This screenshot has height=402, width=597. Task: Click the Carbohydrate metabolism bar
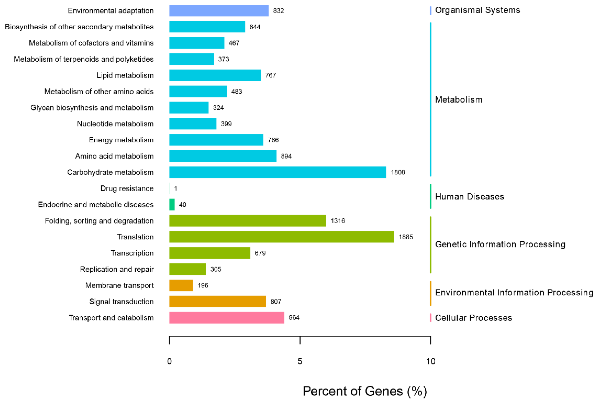pos(278,172)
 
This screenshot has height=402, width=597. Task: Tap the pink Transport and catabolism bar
pos(226,317)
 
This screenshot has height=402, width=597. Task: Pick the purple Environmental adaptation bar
pos(219,11)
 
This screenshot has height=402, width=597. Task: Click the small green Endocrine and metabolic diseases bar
pos(172,204)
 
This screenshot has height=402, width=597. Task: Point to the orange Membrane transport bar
pos(181,285)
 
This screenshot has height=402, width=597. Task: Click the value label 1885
pos(406,237)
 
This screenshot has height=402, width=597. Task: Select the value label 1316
pos(338,221)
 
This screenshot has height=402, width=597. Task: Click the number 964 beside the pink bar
pos(294,318)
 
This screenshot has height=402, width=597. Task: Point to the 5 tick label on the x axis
pos(300,361)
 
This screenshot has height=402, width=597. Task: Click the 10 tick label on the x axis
pos(431,361)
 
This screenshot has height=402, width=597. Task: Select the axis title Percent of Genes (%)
pos(365,391)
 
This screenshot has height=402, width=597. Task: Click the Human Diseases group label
pos(469,197)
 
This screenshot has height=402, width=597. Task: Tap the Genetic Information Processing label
pos(500,244)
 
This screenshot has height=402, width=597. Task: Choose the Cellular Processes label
pos(473,318)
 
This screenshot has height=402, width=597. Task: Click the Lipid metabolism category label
pos(125,75)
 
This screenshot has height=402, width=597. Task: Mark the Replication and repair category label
pos(117,269)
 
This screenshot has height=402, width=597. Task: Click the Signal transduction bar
pos(217,301)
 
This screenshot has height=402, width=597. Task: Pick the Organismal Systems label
pos(477,10)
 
